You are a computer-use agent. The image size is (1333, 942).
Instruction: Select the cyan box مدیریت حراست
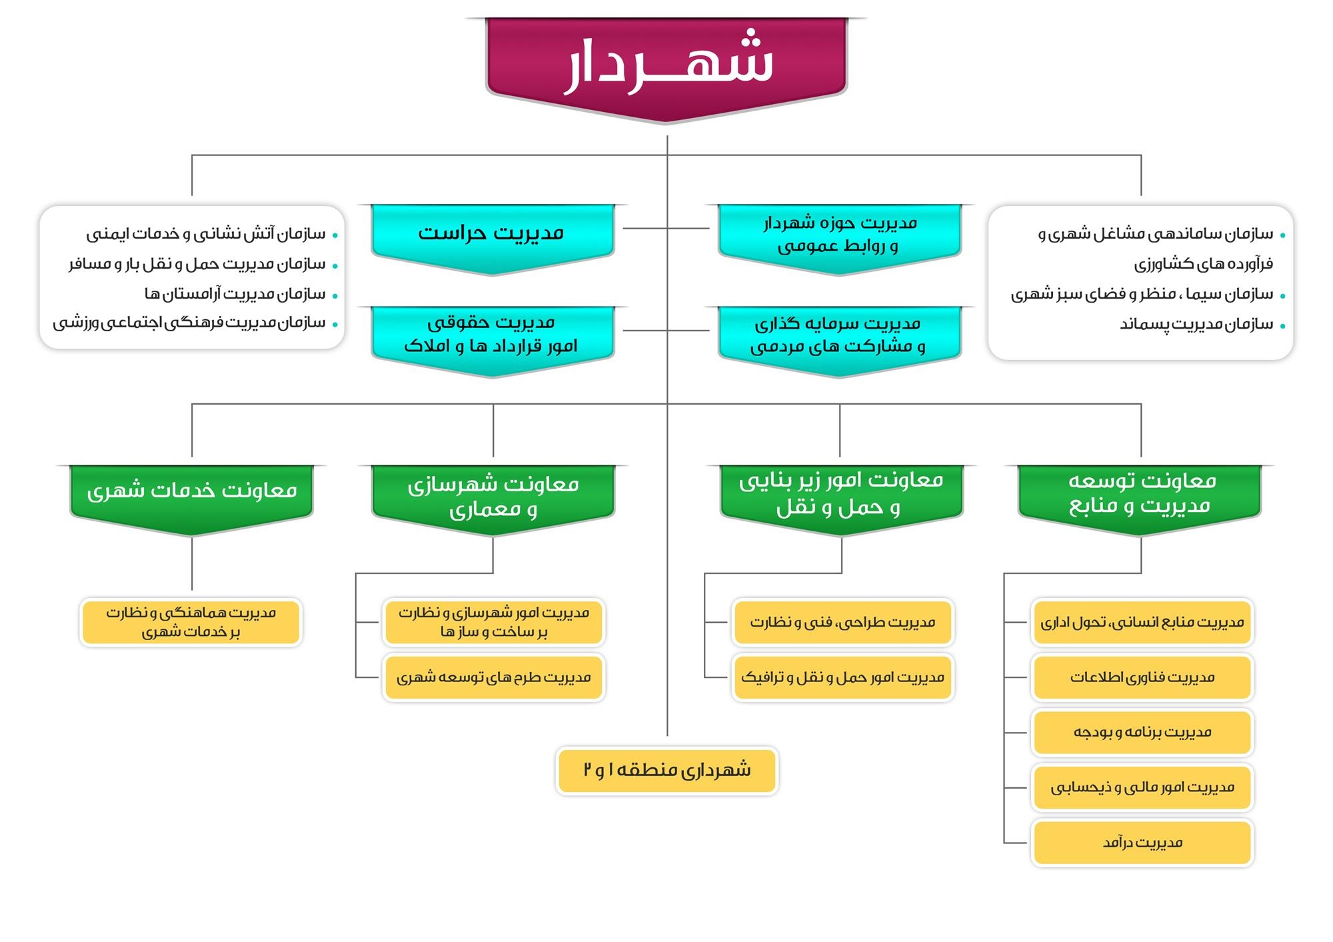point(492,233)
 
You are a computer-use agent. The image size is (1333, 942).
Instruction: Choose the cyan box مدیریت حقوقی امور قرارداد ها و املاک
point(492,335)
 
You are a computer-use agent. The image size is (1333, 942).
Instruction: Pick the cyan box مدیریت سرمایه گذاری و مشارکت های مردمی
point(839,335)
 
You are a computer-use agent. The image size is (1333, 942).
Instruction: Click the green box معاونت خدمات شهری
point(192,492)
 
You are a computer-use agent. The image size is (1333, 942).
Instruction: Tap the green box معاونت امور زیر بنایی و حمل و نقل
point(841,493)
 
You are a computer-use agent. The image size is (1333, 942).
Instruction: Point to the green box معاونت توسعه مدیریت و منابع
point(1140,493)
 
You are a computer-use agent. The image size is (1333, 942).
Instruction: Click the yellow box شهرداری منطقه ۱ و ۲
point(667,771)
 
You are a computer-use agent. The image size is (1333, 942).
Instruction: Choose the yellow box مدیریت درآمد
point(1142,843)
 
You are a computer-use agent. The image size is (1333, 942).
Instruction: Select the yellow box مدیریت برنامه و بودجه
point(1142,733)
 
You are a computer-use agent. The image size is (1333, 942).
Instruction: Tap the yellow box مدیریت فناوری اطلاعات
point(1142,677)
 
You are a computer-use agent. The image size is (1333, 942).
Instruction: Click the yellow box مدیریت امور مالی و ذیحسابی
point(1142,788)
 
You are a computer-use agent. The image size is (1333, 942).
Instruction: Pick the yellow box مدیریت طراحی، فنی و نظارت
point(842,623)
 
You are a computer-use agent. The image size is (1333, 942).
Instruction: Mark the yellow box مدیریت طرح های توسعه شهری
point(494,678)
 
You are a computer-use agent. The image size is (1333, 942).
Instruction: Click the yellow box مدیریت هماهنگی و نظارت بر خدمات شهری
point(191,623)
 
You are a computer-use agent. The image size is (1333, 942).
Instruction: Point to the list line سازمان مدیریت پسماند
point(1196,325)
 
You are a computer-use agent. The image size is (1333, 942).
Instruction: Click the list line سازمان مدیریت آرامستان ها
point(235,294)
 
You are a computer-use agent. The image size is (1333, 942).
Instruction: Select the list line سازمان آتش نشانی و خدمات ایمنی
point(206,234)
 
